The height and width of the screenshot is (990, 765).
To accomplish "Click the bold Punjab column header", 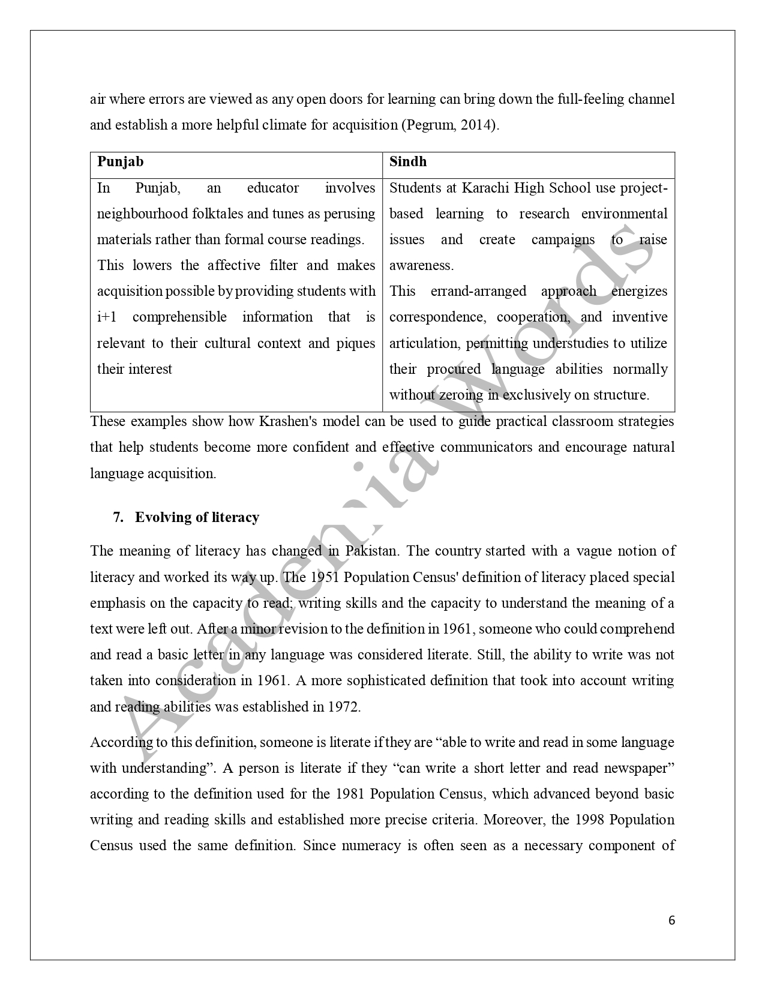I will pos(120,162).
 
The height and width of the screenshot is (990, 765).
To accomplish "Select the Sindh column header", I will pos(408,161).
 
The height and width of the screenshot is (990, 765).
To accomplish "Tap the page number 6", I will pos(671,920).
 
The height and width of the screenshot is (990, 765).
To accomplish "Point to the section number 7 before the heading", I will pos(118,517).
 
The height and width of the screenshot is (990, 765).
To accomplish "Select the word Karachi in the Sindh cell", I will pos(483,188).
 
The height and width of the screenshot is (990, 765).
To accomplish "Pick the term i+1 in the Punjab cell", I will pos(108,317).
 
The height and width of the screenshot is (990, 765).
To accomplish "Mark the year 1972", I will pos(344,707).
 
